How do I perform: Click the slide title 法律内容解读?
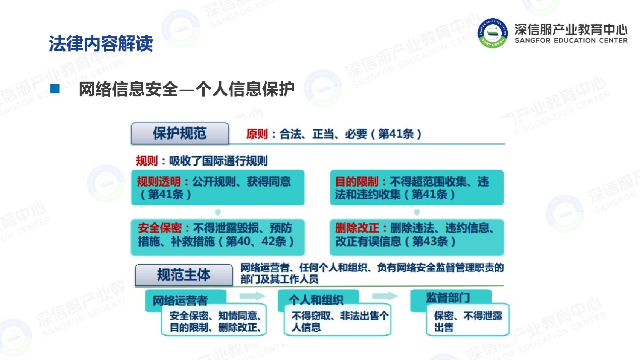[x=101, y=43]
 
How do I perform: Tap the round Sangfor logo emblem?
[x=493, y=33]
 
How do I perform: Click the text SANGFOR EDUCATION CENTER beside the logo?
[x=571, y=40]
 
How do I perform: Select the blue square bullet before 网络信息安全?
[x=54, y=89]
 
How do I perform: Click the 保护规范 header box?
[x=180, y=134]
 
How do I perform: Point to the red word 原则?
[x=257, y=134]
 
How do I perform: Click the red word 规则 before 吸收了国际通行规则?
[x=147, y=161]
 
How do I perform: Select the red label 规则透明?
[x=158, y=182]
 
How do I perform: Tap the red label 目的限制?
[x=357, y=182]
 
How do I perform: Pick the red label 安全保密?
[x=160, y=228]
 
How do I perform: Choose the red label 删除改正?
[x=357, y=228]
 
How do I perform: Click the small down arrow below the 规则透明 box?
[x=218, y=212]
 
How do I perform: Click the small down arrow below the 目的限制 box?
[x=417, y=212]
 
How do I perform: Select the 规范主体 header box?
[x=184, y=275]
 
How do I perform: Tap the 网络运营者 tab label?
[x=180, y=301]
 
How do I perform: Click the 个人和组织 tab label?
[x=316, y=300]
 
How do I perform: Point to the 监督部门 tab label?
[x=448, y=297]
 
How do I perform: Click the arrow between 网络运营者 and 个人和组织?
[x=253, y=296]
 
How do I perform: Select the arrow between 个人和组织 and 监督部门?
[x=385, y=296]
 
